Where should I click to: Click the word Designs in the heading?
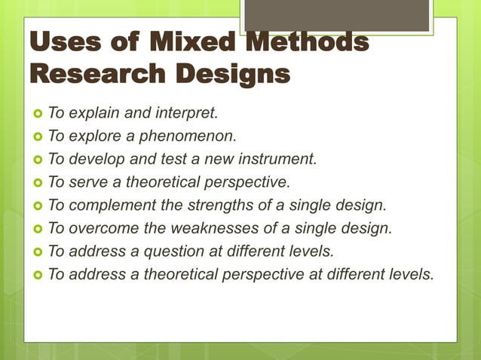pos(230,75)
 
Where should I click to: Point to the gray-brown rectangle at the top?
pos(337,16)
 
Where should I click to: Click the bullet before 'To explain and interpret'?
pos(37,114)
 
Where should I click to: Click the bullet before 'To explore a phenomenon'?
pos(37,137)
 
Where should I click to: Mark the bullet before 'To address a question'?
pos(37,252)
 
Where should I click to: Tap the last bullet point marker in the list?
pos(37,274)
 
